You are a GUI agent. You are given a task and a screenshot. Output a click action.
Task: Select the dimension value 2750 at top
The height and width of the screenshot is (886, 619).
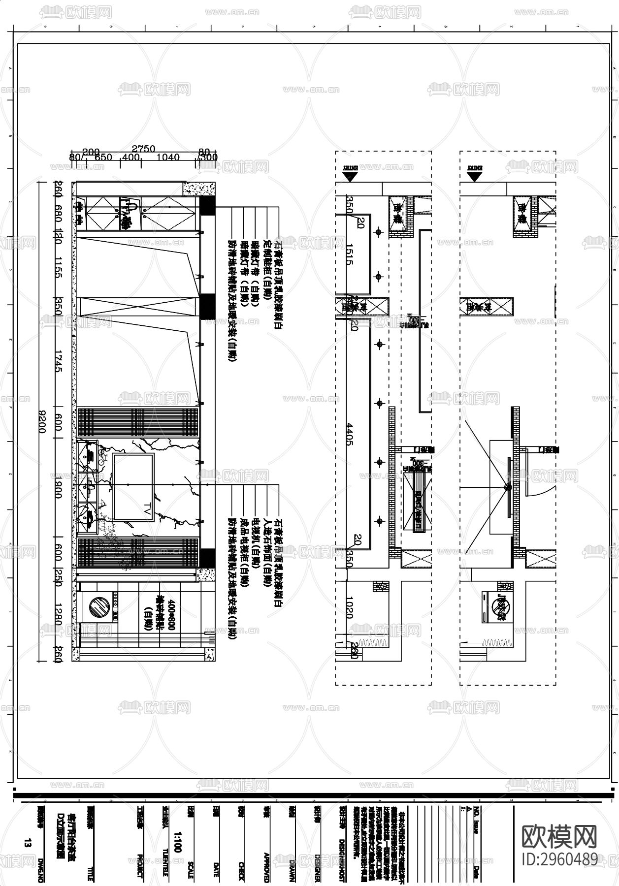(143, 149)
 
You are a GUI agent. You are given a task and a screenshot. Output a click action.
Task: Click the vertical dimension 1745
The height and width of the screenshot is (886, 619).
(59, 361)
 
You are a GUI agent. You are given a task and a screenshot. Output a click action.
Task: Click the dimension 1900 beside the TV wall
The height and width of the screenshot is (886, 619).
(59, 486)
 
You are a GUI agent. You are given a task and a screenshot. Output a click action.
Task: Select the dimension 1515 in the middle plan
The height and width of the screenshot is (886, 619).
(349, 253)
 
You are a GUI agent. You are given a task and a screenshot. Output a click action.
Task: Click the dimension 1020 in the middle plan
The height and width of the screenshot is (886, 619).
(349, 607)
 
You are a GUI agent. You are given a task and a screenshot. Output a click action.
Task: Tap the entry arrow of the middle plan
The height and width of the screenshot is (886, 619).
(350, 175)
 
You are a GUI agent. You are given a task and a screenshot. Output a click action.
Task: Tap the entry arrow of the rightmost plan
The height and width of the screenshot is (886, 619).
(474, 175)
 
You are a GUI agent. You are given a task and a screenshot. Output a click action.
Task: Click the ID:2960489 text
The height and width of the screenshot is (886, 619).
(559, 859)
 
